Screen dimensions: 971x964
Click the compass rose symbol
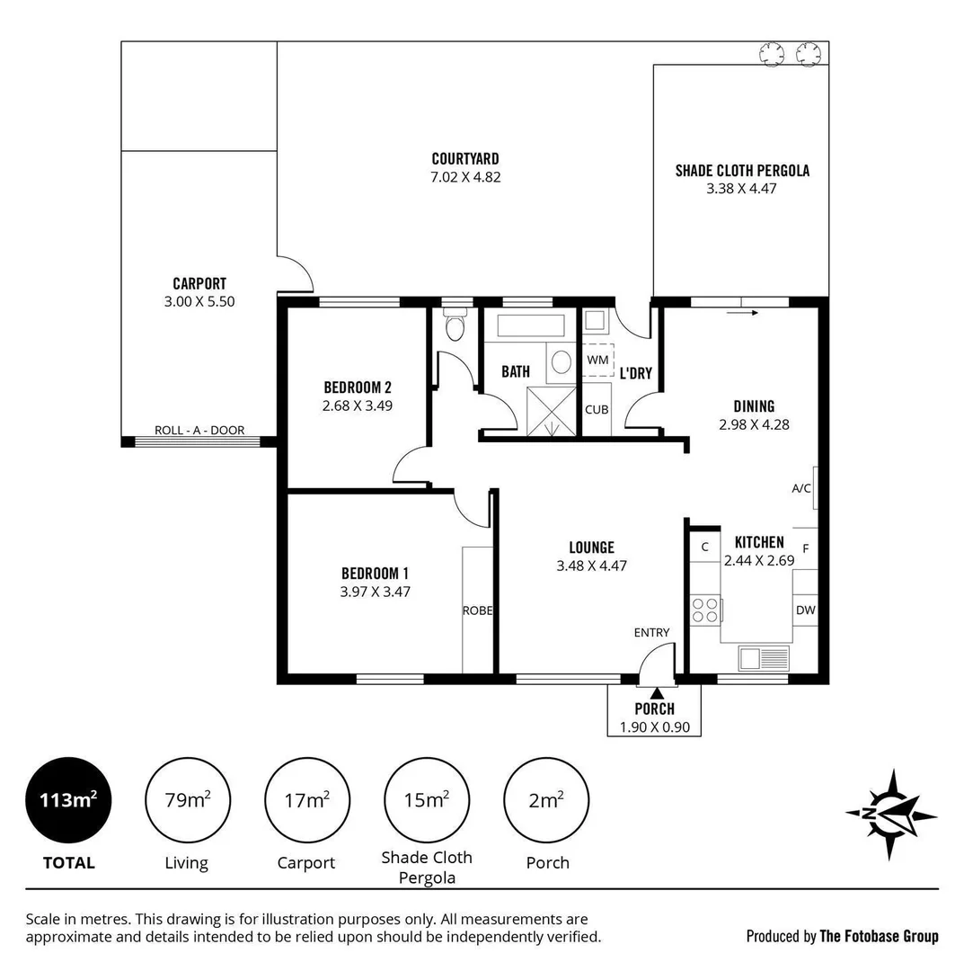coord(890,815)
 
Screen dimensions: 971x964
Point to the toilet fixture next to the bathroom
coord(455,327)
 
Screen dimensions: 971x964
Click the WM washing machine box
coord(597,360)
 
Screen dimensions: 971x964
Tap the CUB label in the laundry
coord(597,410)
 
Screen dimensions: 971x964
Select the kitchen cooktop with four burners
coord(705,610)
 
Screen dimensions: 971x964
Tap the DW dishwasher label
coord(805,610)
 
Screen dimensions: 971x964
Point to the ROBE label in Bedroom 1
coord(477,610)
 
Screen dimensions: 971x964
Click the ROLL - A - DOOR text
coord(199,431)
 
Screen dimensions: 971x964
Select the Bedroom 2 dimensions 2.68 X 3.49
coord(358,405)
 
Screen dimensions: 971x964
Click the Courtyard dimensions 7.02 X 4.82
coord(465,177)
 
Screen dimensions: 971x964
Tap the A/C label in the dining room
coord(801,489)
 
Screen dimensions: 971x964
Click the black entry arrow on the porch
coord(656,692)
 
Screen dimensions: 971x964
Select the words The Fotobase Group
coord(879,937)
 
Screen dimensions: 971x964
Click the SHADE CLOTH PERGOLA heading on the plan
coord(742,170)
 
